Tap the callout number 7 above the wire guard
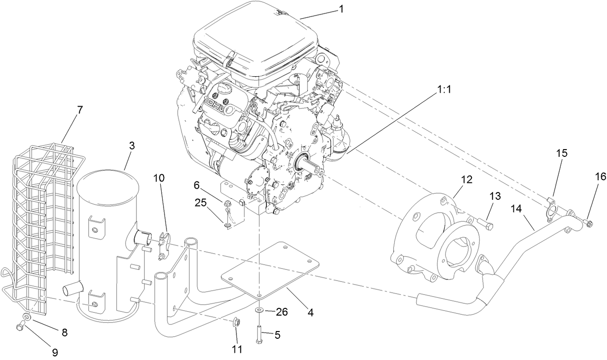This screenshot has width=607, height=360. [x=80, y=110]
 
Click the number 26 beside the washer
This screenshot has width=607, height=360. [x=281, y=312]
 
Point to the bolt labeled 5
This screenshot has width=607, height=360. [x=260, y=334]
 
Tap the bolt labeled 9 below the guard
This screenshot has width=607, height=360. [x=20, y=327]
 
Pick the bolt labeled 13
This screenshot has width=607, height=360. [x=485, y=224]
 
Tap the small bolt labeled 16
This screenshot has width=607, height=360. [x=587, y=222]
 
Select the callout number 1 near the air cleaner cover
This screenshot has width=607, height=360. [x=341, y=9]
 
